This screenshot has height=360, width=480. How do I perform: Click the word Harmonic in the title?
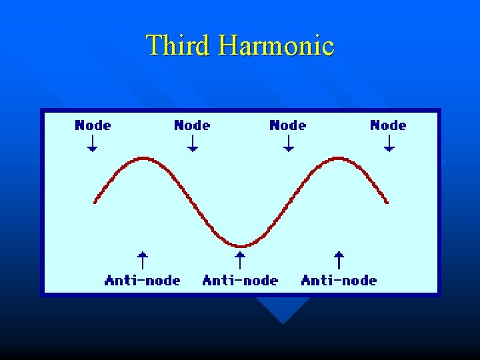276,45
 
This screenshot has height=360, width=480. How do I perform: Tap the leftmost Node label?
93,125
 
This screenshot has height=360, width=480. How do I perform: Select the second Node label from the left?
192,125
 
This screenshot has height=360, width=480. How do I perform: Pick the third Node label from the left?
287,125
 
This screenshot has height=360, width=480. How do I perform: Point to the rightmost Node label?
388,125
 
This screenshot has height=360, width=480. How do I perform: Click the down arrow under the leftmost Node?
93,143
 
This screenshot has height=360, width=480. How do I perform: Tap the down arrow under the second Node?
193,143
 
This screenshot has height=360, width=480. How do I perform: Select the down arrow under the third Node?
288,143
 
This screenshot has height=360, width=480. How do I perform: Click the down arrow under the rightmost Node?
389,143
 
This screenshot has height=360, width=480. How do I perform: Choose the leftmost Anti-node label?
142,280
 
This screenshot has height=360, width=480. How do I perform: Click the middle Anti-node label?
240,280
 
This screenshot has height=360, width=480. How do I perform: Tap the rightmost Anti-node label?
339,280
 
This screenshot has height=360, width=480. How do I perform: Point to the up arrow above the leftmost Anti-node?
142,259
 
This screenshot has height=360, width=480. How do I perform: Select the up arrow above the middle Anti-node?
241,259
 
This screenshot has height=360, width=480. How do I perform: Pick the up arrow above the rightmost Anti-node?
339,259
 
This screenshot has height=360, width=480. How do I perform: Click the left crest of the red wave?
143,158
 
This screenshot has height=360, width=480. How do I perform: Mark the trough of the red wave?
241,246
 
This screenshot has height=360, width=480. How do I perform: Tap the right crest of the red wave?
339,158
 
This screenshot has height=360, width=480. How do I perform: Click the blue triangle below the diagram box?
283,308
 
